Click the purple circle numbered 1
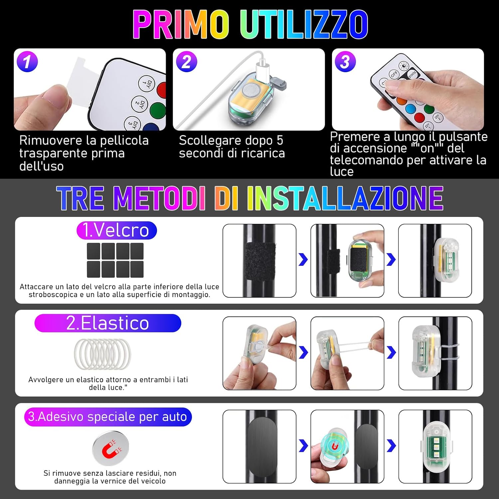point(27,61)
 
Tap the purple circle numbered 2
point(186,62)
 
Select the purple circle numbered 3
point(345,62)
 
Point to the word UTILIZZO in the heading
point(304,24)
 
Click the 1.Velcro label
point(116,230)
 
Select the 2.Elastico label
point(108,323)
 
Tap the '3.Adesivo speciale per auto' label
point(108,417)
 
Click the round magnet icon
point(110,448)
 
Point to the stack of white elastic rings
point(102,354)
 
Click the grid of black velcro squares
point(115,260)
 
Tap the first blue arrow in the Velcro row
point(303,259)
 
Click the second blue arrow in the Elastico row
point(391,353)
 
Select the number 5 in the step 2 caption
point(280,140)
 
